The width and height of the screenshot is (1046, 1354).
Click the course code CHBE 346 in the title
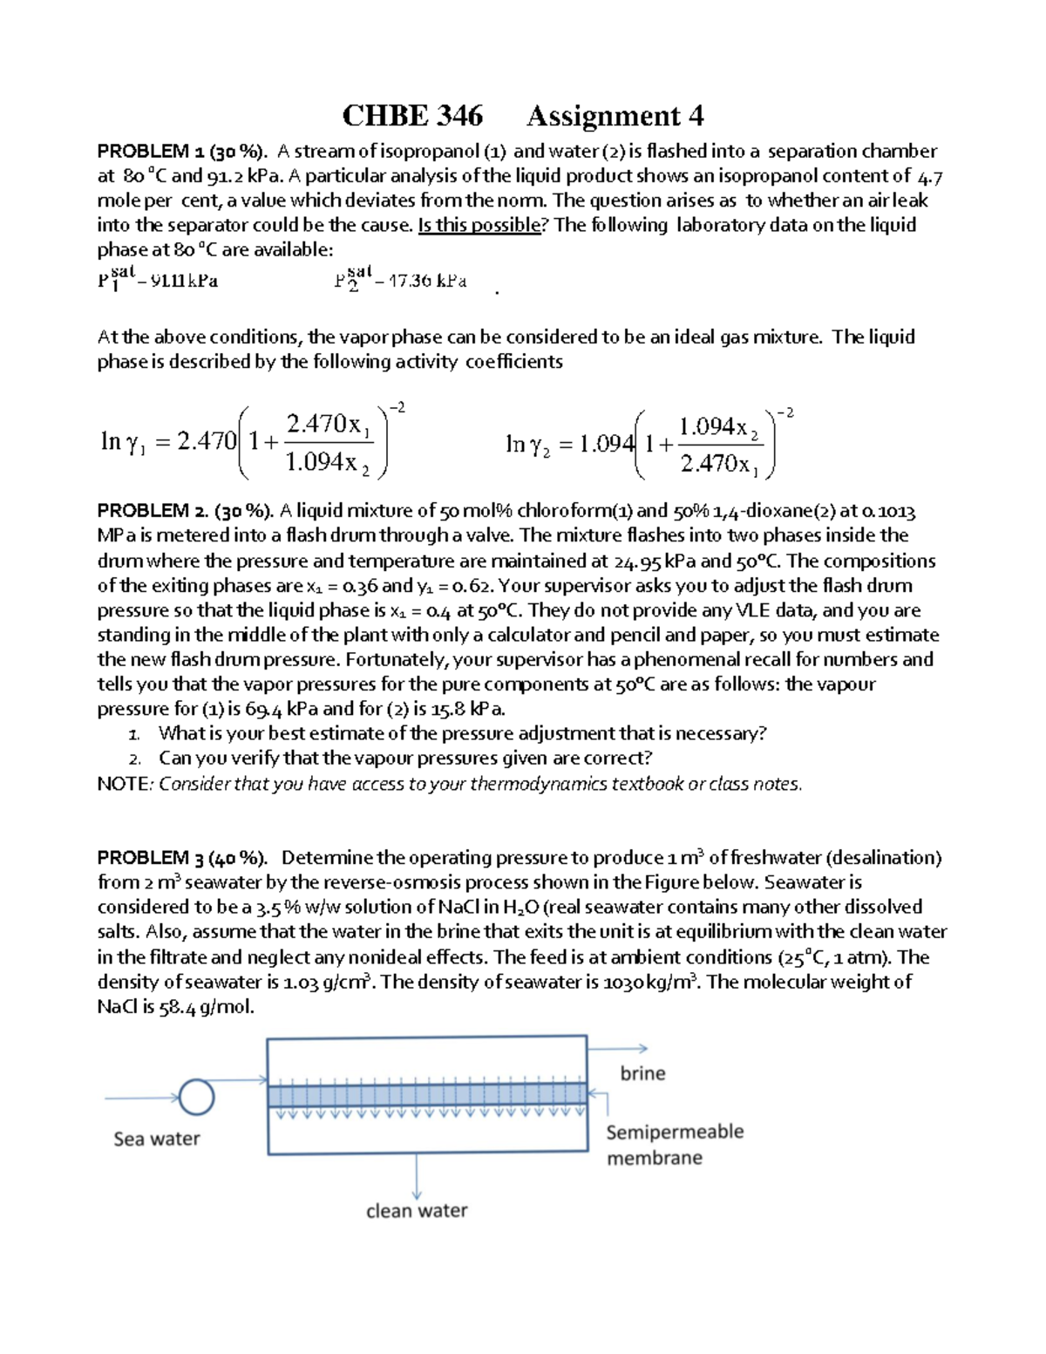411,116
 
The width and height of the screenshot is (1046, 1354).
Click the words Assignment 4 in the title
615,116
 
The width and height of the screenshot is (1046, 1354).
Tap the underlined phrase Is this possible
479,225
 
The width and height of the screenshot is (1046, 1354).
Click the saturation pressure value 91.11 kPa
183,282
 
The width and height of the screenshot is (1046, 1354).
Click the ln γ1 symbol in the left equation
123,442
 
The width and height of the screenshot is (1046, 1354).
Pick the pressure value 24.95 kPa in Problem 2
655,561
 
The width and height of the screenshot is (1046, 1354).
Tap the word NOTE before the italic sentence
124,784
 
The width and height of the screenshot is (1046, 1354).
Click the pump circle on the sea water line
196,1097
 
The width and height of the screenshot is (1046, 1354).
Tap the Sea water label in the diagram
157,1139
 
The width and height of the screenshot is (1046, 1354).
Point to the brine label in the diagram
642,1073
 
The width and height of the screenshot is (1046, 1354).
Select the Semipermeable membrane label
674,1144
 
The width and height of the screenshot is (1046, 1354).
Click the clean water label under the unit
417,1210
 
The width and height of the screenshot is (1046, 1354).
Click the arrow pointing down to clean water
417,1177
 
